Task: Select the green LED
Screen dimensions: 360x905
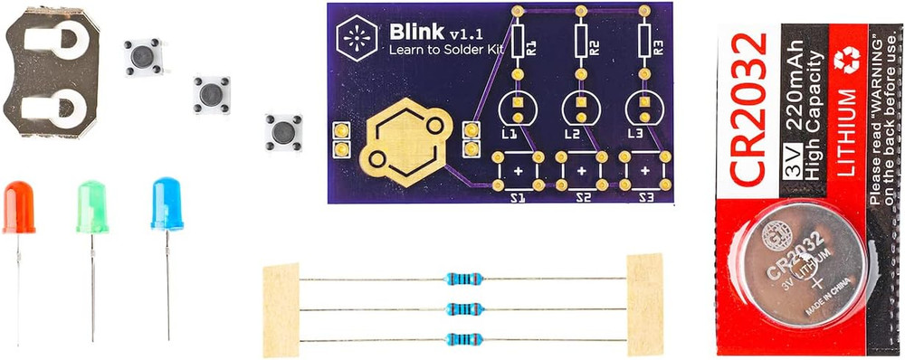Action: click(92, 207)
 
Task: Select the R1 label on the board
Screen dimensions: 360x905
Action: click(532, 45)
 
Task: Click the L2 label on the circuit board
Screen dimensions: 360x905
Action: click(572, 134)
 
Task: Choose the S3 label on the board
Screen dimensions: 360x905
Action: click(646, 196)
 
